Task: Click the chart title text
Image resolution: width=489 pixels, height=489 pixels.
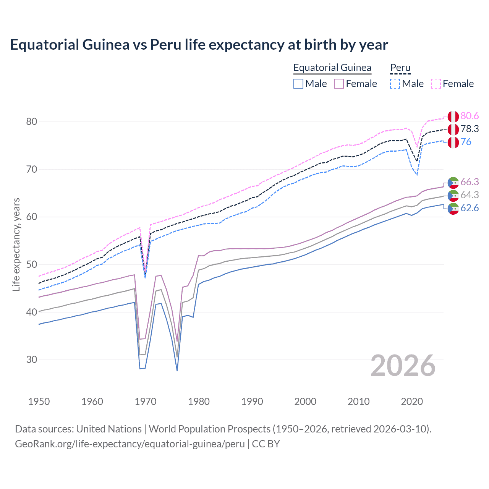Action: coord(199,45)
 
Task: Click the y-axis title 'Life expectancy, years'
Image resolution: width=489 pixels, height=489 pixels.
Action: coord(16,244)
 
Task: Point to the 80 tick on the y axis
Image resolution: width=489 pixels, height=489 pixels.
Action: coord(32,122)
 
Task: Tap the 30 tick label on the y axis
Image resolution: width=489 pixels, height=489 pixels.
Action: coord(32,360)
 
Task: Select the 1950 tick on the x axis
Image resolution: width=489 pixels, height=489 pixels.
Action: coord(39,402)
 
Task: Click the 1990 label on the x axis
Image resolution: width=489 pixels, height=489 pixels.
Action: coord(252,402)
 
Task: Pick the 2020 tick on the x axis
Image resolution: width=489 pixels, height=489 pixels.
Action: coord(412,402)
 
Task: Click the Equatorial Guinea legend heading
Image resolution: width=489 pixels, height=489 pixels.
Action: coord(332,68)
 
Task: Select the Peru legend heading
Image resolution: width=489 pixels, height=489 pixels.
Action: coord(400,68)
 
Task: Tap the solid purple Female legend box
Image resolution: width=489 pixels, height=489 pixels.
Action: coord(339,84)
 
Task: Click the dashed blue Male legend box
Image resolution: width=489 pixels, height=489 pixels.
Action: coord(395,84)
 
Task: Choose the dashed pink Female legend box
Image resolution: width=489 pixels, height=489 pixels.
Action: coord(436,84)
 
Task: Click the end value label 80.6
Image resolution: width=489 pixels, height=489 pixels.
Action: coord(470,116)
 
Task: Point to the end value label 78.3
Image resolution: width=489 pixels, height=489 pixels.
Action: coord(470,129)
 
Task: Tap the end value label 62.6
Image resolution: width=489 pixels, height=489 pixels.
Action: coord(470,208)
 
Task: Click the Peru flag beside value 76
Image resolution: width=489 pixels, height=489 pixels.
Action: coord(453,142)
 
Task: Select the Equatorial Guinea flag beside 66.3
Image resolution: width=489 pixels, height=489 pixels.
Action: coord(453,183)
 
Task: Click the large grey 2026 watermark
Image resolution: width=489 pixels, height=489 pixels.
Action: coord(403,366)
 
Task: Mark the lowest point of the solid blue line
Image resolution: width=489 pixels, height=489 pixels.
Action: coord(177,371)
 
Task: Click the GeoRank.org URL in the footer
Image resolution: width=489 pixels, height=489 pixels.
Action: coord(130,444)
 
